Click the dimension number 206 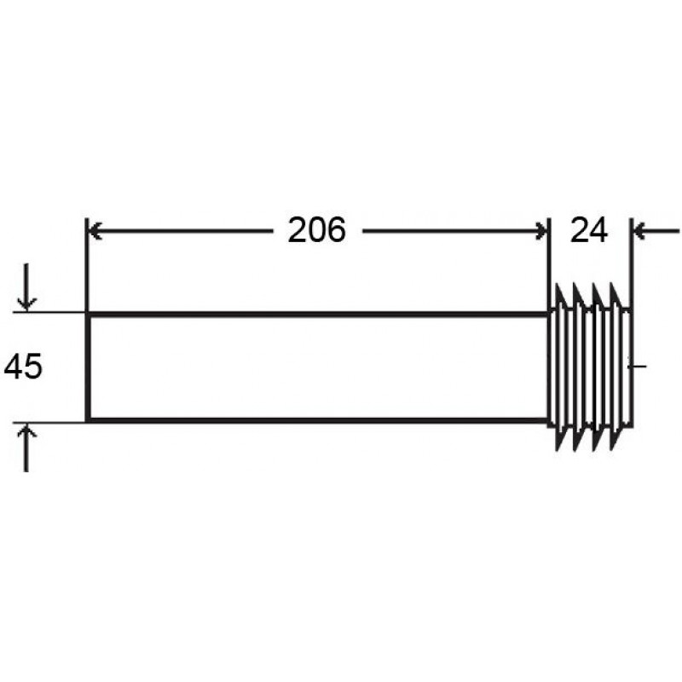click(316, 229)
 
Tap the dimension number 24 click(588, 230)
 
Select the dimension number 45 click(23, 367)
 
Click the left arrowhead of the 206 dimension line click(95, 230)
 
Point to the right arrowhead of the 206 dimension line click(541, 230)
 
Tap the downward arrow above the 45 click(26, 287)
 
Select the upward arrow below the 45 click(26, 447)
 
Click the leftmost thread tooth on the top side click(561, 296)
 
